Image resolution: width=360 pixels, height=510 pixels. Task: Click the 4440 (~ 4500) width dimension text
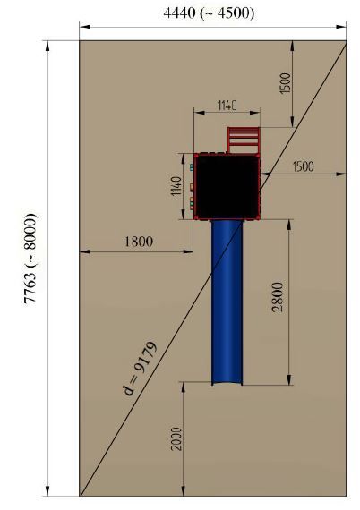click(209, 13)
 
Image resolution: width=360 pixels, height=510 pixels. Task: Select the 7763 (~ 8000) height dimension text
click(30, 259)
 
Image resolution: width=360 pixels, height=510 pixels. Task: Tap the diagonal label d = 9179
click(141, 368)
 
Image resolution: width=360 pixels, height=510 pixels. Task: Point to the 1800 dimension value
click(139, 242)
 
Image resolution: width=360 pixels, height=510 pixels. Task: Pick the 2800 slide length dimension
click(278, 297)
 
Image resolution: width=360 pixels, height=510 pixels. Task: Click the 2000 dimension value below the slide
click(177, 438)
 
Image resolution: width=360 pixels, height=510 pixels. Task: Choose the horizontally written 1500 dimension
click(304, 166)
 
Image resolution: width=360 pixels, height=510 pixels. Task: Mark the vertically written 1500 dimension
click(285, 83)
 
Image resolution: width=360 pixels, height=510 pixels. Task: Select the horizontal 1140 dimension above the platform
click(227, 106)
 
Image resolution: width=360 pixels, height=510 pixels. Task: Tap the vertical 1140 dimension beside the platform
click(176, 186)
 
